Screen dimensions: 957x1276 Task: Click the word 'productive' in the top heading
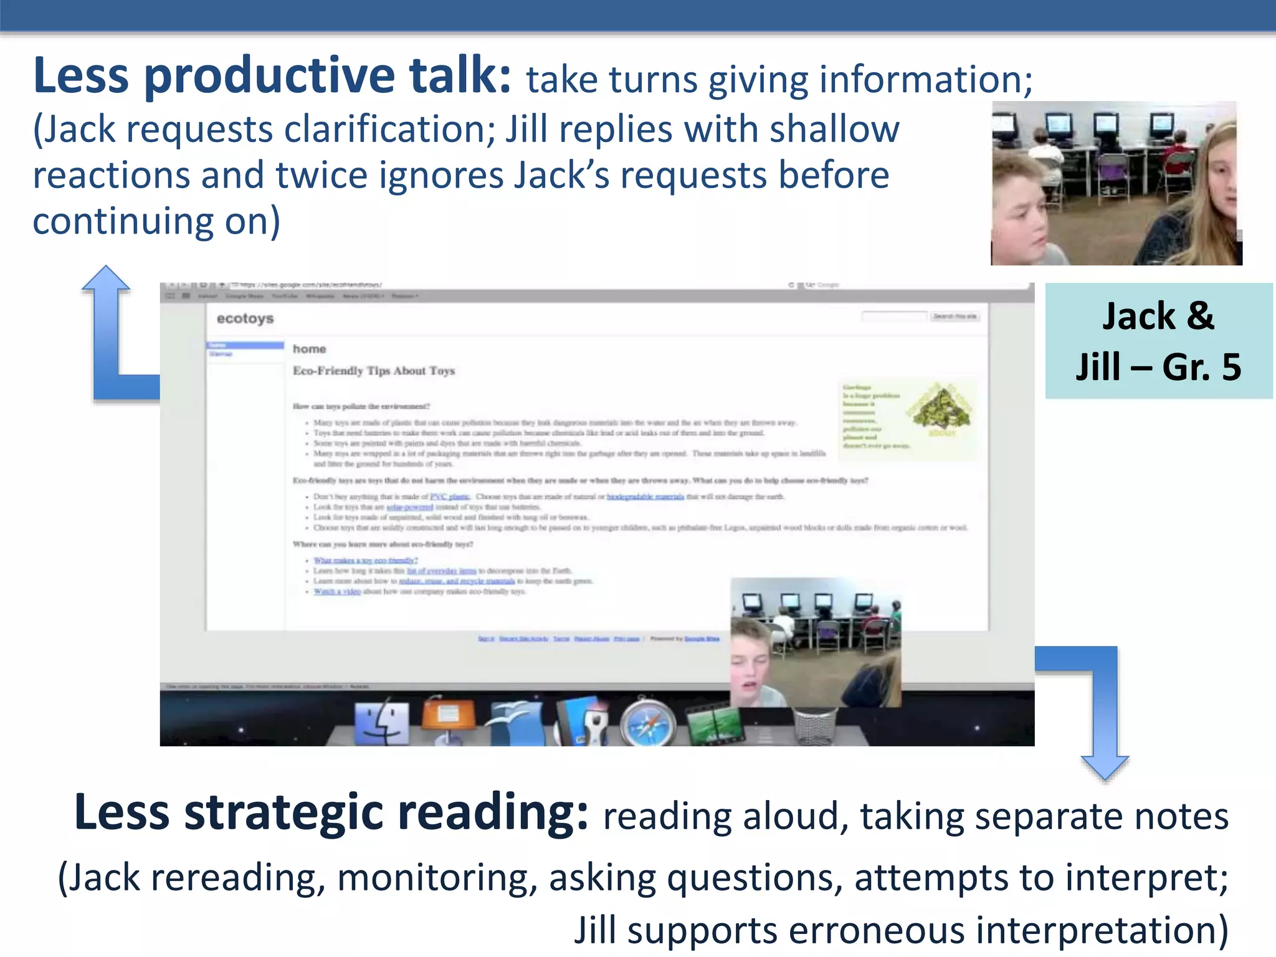tap(270, 76)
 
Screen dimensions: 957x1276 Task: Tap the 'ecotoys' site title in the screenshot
tap(245, 318)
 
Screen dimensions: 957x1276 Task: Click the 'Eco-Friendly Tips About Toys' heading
tap(374, 371)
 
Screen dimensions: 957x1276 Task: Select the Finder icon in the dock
tap(381, 723)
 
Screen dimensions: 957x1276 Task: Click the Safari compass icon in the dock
tap(647, 724)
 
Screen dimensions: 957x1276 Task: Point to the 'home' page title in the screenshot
tap(309, 349)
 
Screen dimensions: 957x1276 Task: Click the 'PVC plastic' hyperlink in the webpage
tap(449, 497)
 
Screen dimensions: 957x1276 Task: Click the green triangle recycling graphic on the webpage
tap(941, 408)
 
